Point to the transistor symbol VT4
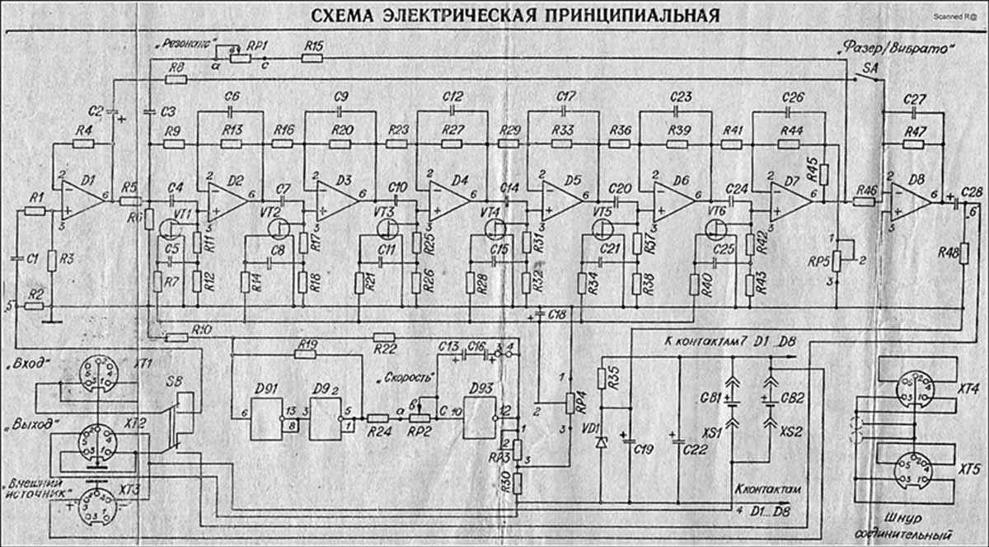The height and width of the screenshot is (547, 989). (495, 226)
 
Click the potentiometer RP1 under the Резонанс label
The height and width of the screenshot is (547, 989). (240, 58)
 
